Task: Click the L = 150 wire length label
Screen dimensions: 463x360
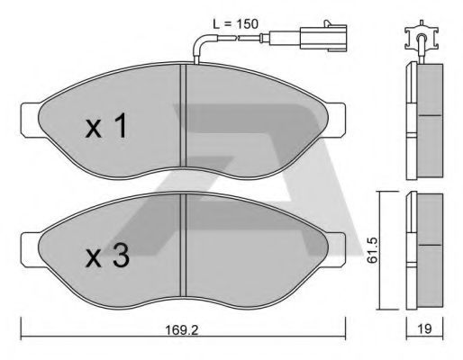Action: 235,24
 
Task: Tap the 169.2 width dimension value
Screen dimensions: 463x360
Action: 182,330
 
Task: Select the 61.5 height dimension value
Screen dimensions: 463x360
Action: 373,250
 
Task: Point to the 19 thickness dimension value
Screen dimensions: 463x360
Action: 424,329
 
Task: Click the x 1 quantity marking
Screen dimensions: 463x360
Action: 106,125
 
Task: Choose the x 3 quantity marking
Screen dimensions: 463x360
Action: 107,256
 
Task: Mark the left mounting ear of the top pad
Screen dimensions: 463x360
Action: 30,120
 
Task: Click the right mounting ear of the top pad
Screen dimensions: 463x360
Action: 336,120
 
